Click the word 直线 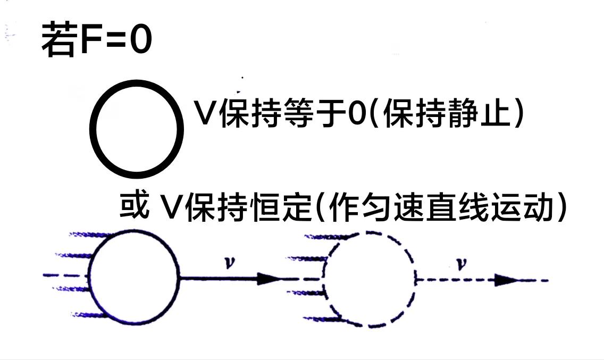(x=455, y=208)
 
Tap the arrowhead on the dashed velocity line (x=505, y=280)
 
